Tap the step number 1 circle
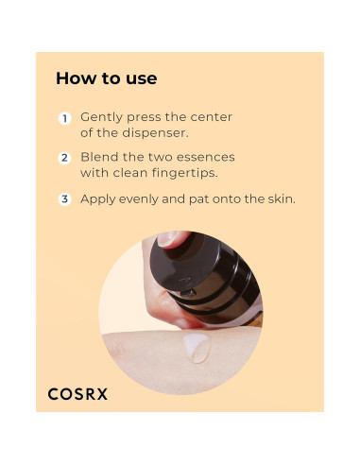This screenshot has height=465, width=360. pos(65,119)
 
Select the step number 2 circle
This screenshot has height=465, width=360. pos(65,159)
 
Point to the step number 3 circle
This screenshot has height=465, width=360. pos(65,199)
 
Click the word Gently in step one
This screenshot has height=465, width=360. pos(99,117)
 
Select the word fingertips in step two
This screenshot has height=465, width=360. pos(189,173)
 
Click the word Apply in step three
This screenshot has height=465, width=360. pos(98,199)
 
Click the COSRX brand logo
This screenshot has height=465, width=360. pos(77,393)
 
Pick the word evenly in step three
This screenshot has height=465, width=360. pos(142,199)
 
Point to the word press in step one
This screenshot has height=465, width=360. pos(142,117)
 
